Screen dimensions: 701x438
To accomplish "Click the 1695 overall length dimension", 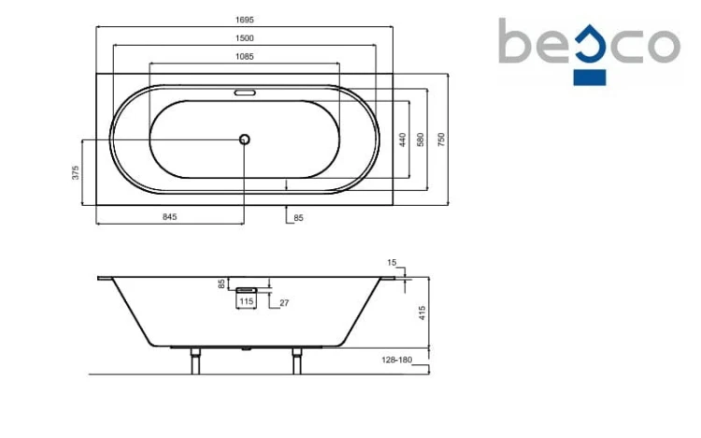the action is (x=245, y=20).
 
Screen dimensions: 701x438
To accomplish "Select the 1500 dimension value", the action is (x=245, y=38).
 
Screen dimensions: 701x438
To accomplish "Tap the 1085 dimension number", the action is (x=245, y=56).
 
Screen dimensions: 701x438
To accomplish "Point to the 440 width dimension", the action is (x=402, y=139).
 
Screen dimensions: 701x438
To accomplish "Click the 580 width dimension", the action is (x=421, y=139).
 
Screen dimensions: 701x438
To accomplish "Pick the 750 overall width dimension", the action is (x=441, y=139).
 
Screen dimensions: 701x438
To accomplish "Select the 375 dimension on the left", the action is (x=76, y=172).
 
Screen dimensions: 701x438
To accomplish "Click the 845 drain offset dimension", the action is (x=170, y=217).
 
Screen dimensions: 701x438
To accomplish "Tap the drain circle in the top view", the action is (x=244, y=139).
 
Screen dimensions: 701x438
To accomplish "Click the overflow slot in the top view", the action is (x=245, y=93).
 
